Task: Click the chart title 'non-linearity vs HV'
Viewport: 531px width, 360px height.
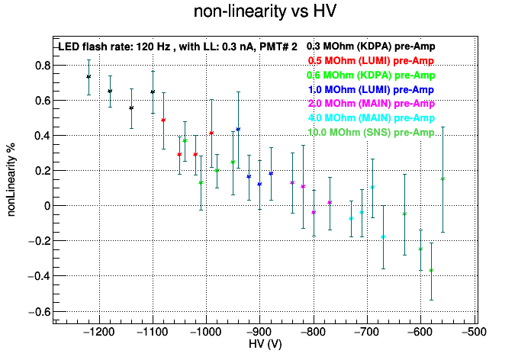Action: pyautogui.click(x=265, y=11)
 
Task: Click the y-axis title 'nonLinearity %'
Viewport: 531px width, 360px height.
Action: pyautogui.click(x=11, y=180)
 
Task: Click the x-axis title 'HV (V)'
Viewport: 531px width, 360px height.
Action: pyautogui.click(x=265, y=344)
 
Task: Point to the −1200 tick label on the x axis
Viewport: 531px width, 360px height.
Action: pyautogui.click(x=99, y=332)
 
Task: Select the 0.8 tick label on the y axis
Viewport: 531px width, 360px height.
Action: pyautogui.click(x=43, y=66)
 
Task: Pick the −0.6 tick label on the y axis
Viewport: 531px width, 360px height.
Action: pyautogui.click(x=40, y=312)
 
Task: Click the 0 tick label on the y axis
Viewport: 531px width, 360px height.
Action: pyautogui.click(x=47, y=206)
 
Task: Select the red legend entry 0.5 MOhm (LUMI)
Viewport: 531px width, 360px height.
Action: pyautogui.click(x=371, y=60)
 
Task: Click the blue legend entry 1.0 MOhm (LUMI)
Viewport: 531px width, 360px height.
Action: pyautogui.click(x=371, y=89)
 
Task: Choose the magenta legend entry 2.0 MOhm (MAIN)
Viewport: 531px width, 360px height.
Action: pyautogui.click(x=372, y=103)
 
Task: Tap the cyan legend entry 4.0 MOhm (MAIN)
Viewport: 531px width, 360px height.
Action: pyautogui.click(x=372, y=118)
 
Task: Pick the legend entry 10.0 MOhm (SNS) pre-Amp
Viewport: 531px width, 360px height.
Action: pyautogui.click(x=371, y=132)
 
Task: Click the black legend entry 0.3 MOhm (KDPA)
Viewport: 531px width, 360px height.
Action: pyautogui.click(x=371, y=46)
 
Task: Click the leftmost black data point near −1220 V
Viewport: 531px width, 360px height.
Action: pyautogui.click(x=88, y=77)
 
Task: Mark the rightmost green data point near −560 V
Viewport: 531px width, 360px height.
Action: pyautogui.click(x=443, y=178)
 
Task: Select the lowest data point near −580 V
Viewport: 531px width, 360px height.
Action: pyautogui.click(x=431, y=270)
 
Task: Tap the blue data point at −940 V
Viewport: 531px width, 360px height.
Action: pyautogui.click(x=238, y=130)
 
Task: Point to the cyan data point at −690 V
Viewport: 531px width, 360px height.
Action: pyautogui.click(x=372, y=188)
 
